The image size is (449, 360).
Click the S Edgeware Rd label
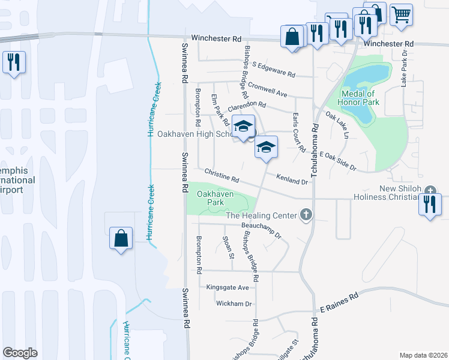pos(274,70)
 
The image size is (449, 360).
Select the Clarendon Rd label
pos(246,104)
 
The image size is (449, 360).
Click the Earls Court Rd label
pos(299,131)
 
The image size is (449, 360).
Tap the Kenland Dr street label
pos(292,178)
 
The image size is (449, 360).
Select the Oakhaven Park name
pos(215,199)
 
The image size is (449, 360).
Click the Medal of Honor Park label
pos(358,98)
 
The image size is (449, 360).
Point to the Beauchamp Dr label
pos(261,230)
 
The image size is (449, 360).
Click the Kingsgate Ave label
pos(227,288)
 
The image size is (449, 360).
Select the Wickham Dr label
pos(234,304)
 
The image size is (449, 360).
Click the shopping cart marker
pos(401,14)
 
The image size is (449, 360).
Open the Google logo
pos(20,352)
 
